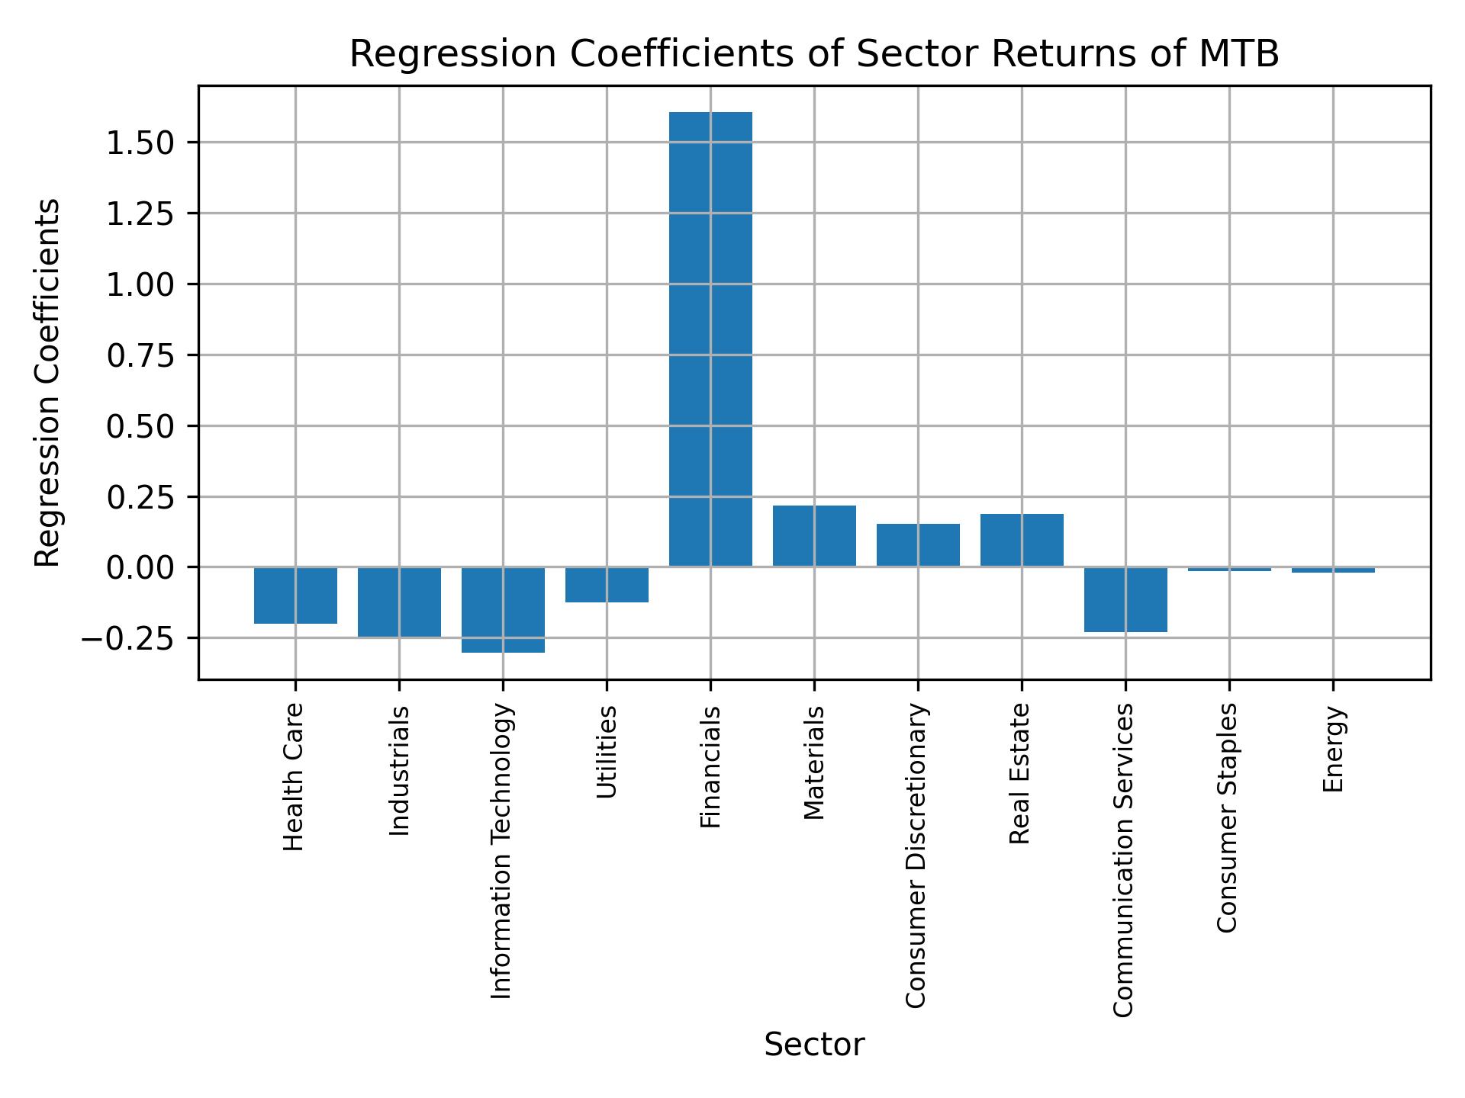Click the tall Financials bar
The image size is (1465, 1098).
pyautogui.click(x=710, y=339)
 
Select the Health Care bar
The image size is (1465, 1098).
pyautogui.click(x=295, y=596)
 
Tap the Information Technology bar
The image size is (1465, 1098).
pyautogui.click(x=503, y=609)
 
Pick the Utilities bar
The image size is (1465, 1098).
pyautogui.click(x=607, y=585)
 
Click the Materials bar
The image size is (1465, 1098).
pyautogui.click(x=814, y=536)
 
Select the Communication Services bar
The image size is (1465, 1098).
pyautogui.click(x=1125, y=599)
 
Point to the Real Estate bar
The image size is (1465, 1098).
pyautogui.click(x=1022, y=540)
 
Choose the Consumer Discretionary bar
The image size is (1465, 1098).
pyautogui.click(x=918, y=545)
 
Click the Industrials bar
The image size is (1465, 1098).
pyautogui.click(x=399, y=602)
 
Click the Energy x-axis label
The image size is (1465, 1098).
pyautogui.click(x=1333, y=750)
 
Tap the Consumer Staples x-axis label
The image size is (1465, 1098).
pyautogui.click(x=1228, y=817)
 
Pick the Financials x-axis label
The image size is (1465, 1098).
pyautogui.click(x=710, y=767)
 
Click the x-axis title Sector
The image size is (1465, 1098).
pyautogui.click(x=814, y=1045)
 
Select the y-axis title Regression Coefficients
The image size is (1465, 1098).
pyautogui.click(x=47, y=383)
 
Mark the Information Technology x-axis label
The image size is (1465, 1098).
pyautogui.click(x=501, y=851)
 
